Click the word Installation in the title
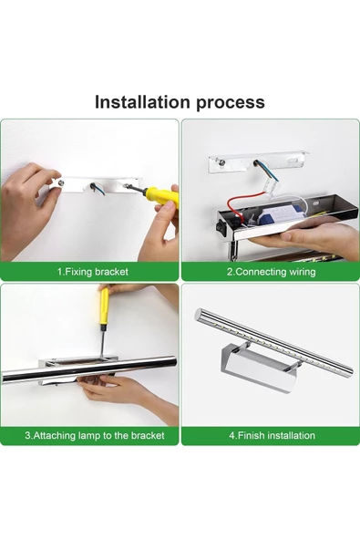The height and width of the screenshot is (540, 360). [142, 102]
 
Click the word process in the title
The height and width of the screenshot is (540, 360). [231, 103]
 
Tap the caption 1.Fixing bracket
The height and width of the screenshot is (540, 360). [93, 272]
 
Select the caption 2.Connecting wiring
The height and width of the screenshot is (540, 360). [271, 272]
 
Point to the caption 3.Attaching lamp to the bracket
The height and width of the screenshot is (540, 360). [95, 435]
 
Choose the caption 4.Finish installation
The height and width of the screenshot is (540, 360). [272, 435]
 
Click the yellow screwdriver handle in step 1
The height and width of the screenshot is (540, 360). [161, 195]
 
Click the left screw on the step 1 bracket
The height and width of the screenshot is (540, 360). [60, 182]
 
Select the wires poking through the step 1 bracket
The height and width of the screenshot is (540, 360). [98, 189]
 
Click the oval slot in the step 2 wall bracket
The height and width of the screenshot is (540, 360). [294, 161]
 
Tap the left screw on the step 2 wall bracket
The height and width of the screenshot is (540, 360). [219, 161]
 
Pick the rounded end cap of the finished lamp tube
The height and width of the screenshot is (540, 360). [199, 314]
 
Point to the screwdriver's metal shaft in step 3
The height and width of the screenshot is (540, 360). [102, 340]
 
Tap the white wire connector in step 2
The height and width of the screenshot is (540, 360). [272, 186]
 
